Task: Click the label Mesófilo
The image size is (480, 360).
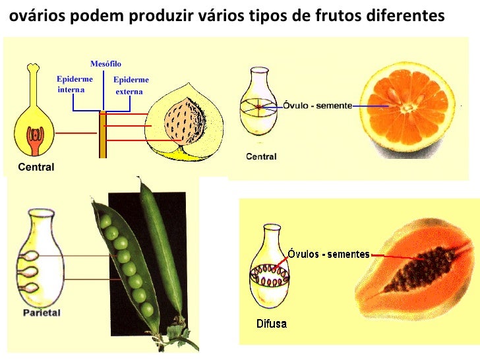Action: (105, 63)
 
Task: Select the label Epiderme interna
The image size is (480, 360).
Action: (74, 84)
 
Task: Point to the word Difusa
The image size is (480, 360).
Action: (271, 324)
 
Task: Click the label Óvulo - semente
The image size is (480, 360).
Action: (318, 105)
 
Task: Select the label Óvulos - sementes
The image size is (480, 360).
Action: (328, 255)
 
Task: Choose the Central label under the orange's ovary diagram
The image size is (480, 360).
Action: (261, 157)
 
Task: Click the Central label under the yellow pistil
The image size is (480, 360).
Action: (36, 167)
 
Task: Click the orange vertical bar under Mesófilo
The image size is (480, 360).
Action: (102, 135)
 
